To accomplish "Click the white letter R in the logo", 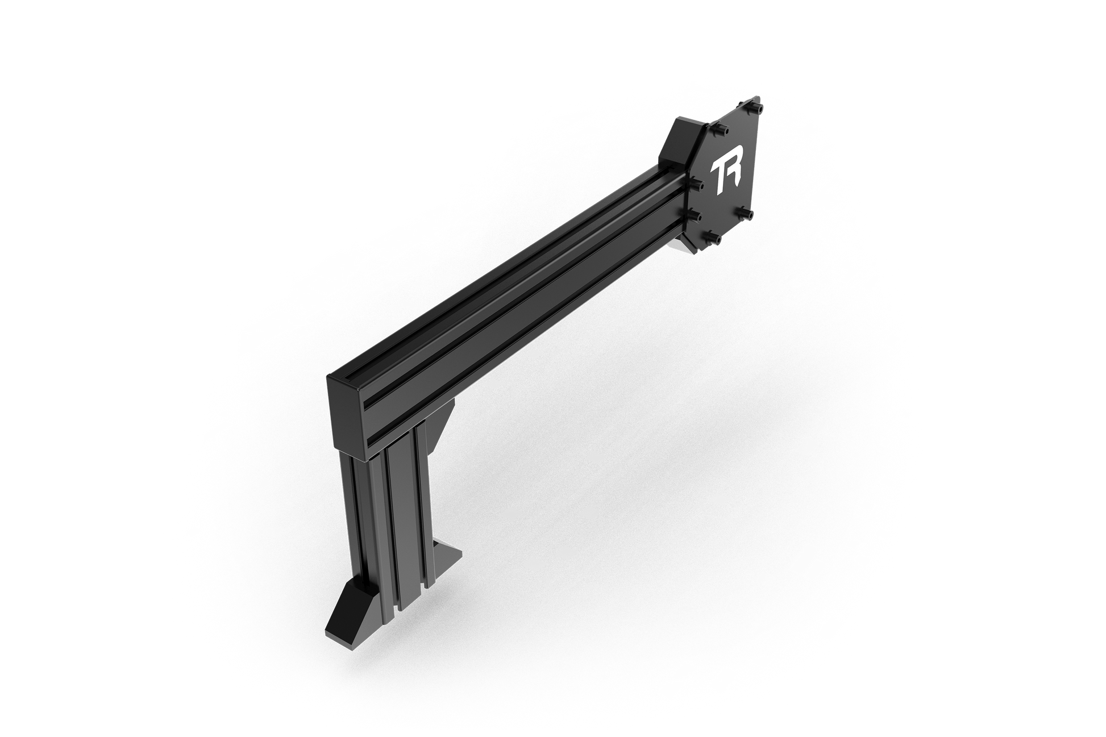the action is point(732,176).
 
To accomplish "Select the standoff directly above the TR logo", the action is point(722,131).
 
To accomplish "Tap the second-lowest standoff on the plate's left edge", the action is point(694,215).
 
